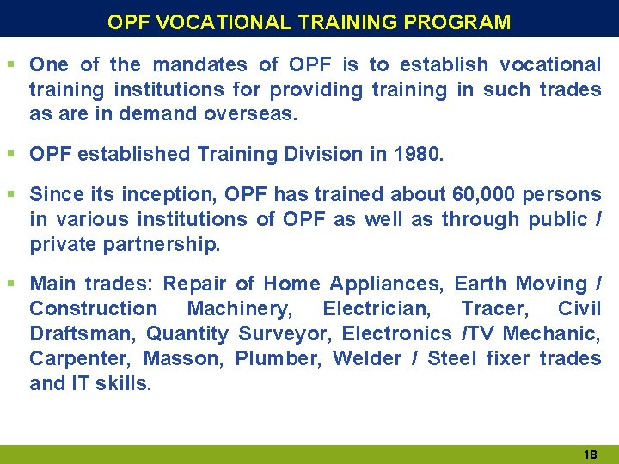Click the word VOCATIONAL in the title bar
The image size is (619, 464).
pos(225,21)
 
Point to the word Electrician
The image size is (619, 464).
pos(374,308)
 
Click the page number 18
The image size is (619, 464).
pos(590,453)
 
